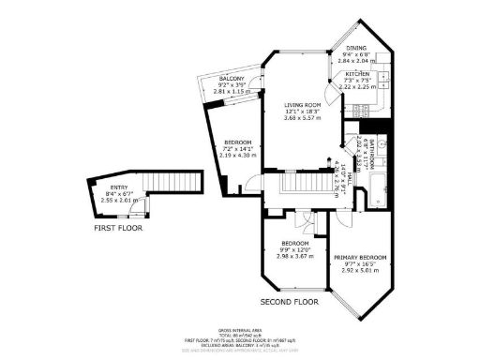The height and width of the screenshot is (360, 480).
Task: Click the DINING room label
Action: (358, 47)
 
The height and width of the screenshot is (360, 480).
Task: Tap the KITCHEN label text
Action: (358, 73)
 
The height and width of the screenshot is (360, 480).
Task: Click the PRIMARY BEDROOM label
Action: (361, 256)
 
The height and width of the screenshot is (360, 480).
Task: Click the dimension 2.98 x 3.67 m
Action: (296, 258)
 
